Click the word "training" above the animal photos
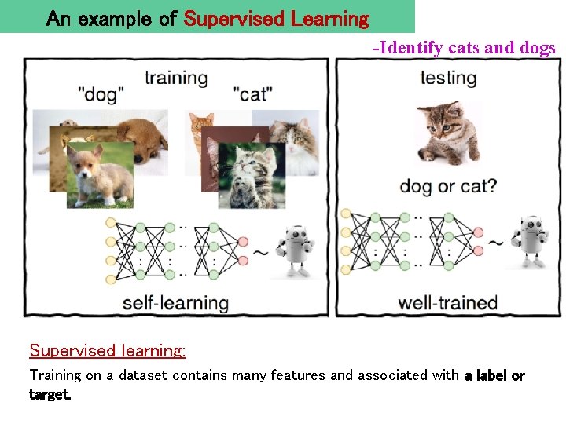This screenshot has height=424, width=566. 176,78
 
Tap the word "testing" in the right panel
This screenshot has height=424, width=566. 448,78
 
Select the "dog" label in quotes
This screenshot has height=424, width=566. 101,95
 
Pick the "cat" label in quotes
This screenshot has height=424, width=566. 253,94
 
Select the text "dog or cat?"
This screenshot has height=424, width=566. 448,187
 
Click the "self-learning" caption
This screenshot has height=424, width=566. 175,302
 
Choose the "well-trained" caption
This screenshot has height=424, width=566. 448,302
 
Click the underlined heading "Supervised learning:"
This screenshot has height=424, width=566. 108,350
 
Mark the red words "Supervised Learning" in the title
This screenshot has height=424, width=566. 276,18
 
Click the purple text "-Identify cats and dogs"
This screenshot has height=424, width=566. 464,48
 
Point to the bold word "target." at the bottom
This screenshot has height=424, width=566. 50,394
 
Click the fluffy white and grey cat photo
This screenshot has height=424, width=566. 292,143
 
